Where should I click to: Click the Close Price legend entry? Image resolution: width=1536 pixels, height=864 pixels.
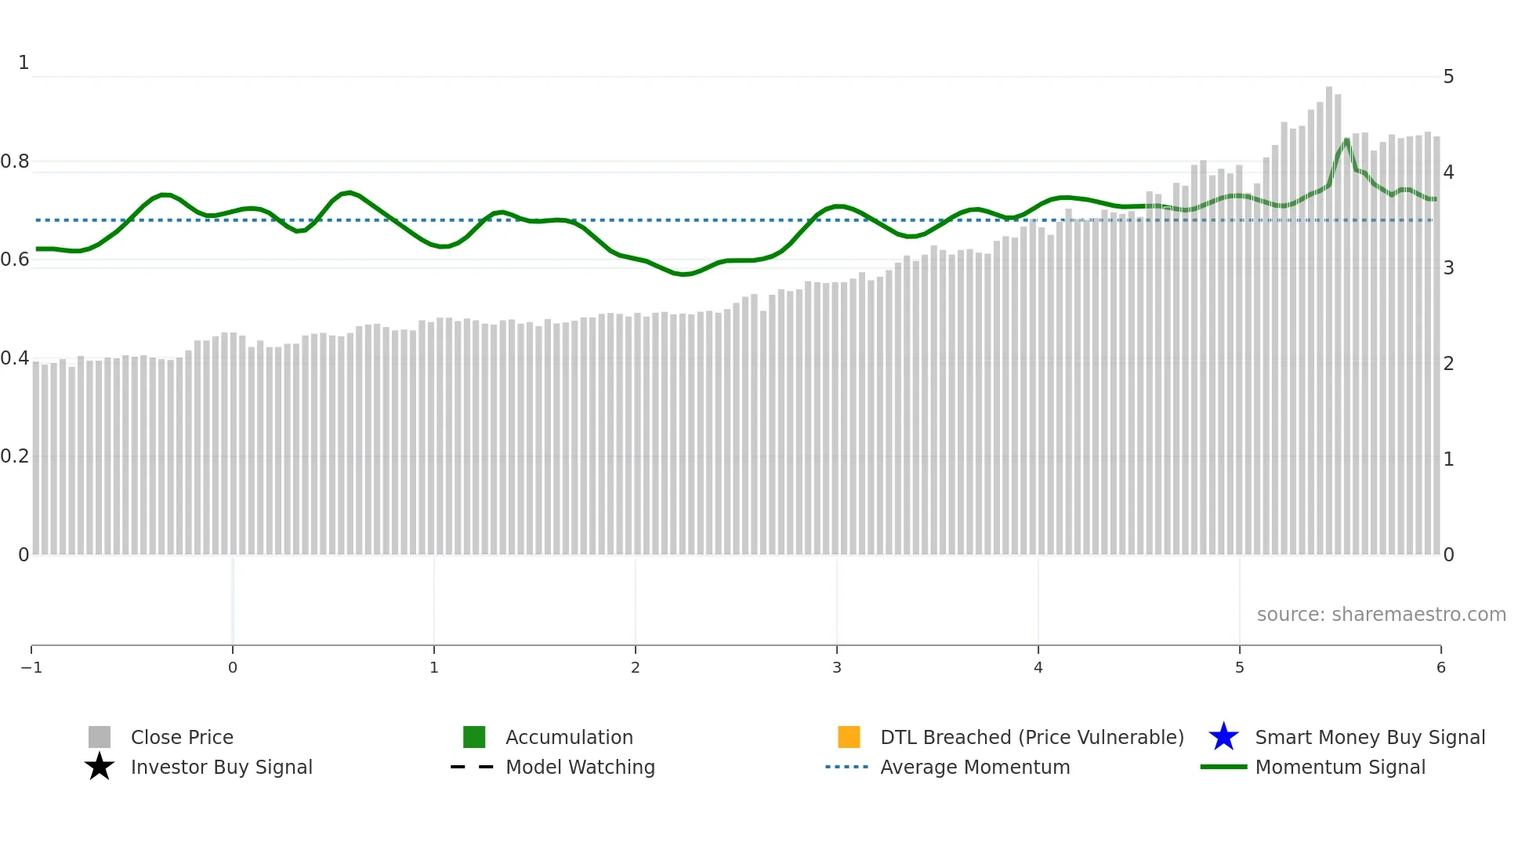(x=181, y=737)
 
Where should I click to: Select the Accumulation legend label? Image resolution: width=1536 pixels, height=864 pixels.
(x=569, y=737)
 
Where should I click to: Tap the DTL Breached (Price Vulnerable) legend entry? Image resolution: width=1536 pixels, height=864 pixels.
(x=1031, y=737)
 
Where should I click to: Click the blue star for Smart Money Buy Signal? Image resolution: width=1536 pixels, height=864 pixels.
(x=1223, y=737)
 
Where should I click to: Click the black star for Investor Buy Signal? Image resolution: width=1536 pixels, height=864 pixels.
(x=100, y=767)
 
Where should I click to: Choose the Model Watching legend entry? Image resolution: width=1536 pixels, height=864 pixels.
(x=580, y=767)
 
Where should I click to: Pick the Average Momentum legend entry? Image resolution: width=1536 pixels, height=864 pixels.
(x=974, y=767)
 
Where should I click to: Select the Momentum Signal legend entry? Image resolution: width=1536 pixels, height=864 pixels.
(x=1339, y=767)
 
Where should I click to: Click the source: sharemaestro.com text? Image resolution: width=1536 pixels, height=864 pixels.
(x=1381, y=614)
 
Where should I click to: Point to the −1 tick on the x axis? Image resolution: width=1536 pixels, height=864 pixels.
(x=31, y=667)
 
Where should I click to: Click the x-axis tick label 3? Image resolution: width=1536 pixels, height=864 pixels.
(x=837, y=667)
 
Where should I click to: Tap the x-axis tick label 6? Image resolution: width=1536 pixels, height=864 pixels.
(x=1440, y=667)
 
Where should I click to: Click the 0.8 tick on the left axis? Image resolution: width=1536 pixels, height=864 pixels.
(x=15, y=162)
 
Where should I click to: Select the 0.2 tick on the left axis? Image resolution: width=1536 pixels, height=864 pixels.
(x=15, y=456)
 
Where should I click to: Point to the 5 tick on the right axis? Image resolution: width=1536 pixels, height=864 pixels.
(x=1448, y=77)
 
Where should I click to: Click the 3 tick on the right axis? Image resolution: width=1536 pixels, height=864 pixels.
(x=1448, y=268)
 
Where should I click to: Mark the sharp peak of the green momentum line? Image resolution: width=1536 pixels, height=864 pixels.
(x=1347, y=140)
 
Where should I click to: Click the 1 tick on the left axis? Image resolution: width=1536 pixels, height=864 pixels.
(x=24, y=63)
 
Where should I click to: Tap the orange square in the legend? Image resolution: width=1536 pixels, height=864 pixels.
(x=849, y=737)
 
